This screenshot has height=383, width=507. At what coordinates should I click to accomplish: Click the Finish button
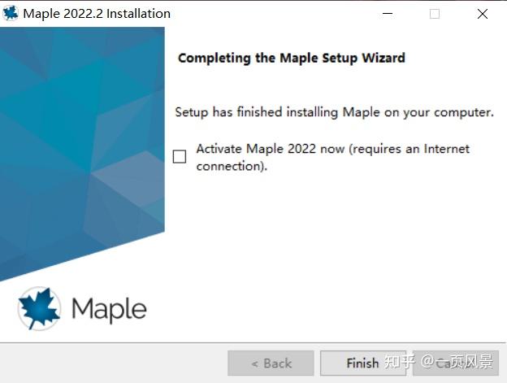coord(362,363)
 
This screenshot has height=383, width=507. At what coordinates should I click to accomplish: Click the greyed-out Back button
coord(271,363)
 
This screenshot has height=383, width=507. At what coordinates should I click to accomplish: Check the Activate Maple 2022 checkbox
coord(180,157)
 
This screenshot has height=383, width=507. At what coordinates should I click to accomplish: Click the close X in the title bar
coord(483,14)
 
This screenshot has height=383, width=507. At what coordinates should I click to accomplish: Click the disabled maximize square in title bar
coord(435,14)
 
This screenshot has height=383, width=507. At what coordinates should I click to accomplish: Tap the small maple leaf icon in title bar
coord(11,14)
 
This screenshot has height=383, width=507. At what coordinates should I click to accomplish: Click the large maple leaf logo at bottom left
coord(39,310)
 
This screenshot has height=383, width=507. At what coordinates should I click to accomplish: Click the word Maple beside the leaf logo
coord(109,310)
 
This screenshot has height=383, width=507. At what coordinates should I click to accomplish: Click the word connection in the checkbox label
coord(229,166)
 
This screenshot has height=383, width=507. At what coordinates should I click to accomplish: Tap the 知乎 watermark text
coord(400,363)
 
